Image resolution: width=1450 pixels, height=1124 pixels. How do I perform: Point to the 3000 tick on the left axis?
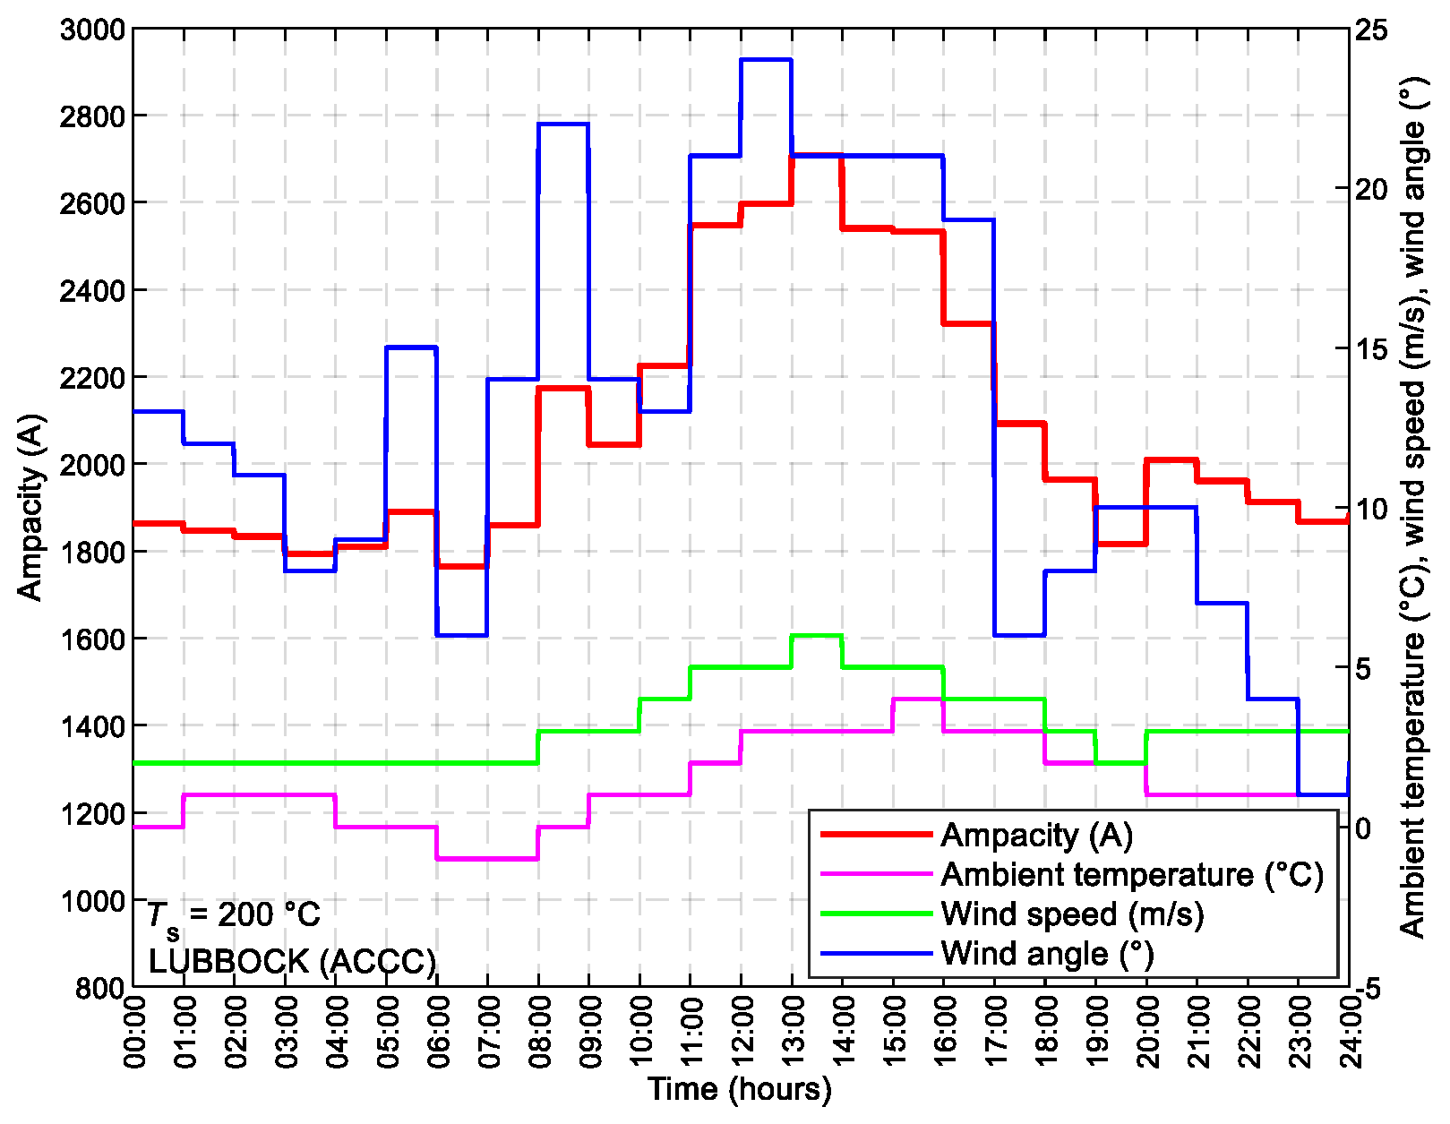tap(91, 30)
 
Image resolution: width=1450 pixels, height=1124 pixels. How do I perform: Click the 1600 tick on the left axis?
tap(91, 639)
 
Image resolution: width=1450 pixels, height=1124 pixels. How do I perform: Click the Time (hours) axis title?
tap(740, 1089)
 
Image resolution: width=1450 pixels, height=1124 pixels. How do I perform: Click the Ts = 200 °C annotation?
tap(234, 915)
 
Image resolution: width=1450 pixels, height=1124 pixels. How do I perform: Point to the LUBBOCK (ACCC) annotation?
tap(292, 962)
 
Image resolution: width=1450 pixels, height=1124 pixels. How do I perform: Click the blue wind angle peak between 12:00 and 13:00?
tap(767, 60)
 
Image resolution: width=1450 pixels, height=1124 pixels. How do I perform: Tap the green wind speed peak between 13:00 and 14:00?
tap(817, 635)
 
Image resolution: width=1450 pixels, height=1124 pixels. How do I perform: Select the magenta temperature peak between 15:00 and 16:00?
tap(918, 699)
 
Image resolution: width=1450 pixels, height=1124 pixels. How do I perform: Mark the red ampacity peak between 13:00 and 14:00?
tap(817, 155)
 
